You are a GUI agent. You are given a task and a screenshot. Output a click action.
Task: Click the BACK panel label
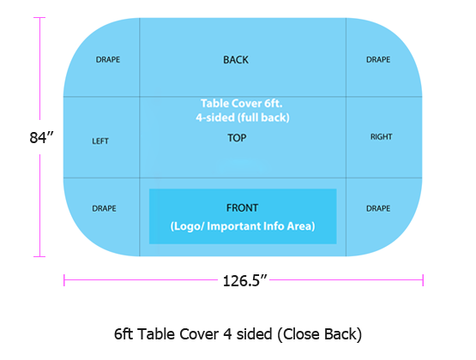[x=236, y=60]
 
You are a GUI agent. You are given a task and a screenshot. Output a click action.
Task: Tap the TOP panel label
[x=237, y=138]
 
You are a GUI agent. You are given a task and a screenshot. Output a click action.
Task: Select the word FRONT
[x=242, y=208]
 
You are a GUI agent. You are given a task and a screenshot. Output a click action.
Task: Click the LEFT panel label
[x=100, y=141]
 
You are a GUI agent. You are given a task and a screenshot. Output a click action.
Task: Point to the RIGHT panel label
[x=382, y=137]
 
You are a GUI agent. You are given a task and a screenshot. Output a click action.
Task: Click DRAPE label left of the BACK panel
[x=108, y=60]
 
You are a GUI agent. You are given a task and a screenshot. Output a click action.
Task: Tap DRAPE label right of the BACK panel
[x=378, y=60]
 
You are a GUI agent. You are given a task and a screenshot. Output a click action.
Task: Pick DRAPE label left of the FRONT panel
[x=104, y=208]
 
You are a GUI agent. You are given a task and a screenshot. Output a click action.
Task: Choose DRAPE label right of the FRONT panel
[x=378, y=208]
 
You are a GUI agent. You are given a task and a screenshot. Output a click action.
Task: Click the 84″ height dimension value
[x=41, y=137]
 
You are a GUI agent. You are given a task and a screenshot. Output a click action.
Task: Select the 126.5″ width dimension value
[x=244, y=281]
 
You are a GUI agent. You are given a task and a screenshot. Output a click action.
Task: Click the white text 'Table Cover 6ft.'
[x=242, y=104]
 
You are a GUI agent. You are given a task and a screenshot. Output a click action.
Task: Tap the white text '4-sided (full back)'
[x=243, y=117]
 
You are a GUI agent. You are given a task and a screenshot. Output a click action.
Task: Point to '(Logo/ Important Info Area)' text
[x=243, y=226]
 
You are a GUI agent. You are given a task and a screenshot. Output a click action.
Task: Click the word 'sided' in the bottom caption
[x=254, y=334]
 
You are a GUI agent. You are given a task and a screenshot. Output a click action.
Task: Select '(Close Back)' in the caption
[x=319, y=334]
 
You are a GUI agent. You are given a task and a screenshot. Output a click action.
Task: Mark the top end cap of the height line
[x=39, y=18]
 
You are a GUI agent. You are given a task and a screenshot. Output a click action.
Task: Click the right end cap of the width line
[x=423, y=280]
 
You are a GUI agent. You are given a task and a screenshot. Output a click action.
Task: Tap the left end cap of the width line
[x=64, y=280]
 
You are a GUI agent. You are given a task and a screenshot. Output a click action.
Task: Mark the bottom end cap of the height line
[x=39, y=256]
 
